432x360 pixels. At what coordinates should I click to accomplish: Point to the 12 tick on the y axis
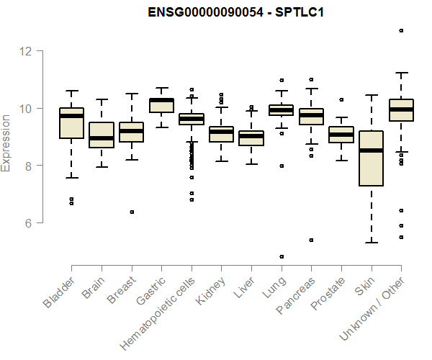[27, 51]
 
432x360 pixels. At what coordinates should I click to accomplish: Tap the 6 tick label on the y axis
[27, 223]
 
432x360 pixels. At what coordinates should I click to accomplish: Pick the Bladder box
[71, 122]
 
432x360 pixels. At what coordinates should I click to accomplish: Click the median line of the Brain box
[102, 138]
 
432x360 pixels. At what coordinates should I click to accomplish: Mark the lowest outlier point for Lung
[282, 256]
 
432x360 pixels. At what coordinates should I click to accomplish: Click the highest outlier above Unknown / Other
[401, 30]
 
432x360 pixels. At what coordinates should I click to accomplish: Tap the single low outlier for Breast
[131, 212]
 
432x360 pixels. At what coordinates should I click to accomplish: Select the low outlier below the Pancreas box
[311, 240]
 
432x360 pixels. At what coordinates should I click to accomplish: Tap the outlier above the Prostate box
[341, 99]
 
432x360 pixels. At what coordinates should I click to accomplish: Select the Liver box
[251, 138]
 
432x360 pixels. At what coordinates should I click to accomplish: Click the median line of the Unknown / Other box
[401, 109]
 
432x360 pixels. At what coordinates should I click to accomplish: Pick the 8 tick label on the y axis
[27, 166]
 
